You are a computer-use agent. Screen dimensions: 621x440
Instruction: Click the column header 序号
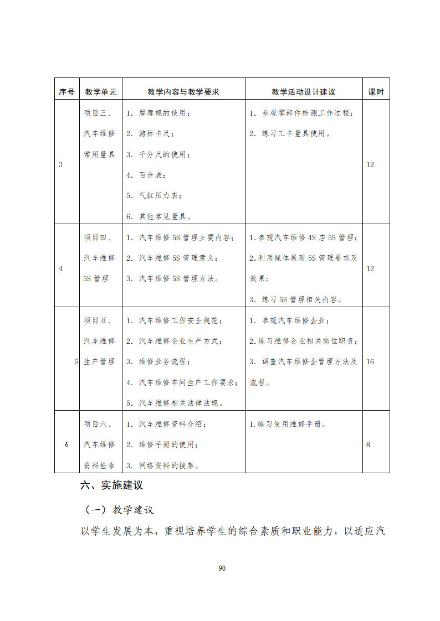click(66, 92)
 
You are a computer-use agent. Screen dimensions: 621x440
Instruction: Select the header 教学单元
click(100, 92)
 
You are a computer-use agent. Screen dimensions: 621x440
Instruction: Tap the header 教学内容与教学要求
click(183, 92)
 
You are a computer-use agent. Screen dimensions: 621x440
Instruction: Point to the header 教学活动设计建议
click(303, 92)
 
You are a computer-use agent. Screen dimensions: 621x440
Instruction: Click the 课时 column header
click(376, 92)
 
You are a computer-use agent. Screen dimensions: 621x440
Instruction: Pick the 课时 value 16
click(370, 361)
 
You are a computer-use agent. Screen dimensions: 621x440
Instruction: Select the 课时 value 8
click(368, 444)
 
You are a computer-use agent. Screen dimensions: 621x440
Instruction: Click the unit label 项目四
click(98, 237)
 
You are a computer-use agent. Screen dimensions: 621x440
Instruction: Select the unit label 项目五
click(98, 320)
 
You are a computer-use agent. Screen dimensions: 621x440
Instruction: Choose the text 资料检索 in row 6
click(100, 465)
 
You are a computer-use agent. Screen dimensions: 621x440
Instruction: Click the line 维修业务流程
click(158, 361)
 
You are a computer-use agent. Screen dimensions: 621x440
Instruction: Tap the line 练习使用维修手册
click(288, 425)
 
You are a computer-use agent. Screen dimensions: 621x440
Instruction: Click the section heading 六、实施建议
click(112, 485)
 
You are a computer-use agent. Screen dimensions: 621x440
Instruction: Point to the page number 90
click(222, 568)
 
